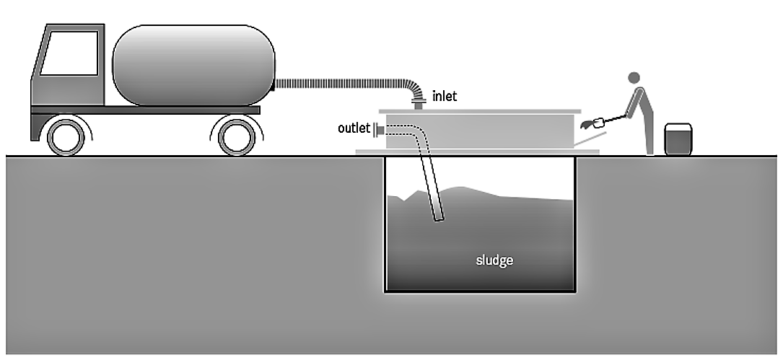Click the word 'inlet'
tap(445, 96)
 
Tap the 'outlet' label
tap(354, 128)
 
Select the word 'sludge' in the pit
tap(494, 260)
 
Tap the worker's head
tap(634, 77)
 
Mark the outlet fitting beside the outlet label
tap(378, 129)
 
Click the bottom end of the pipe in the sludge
tap(438, 218)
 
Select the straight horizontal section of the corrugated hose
tap(339, 84)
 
